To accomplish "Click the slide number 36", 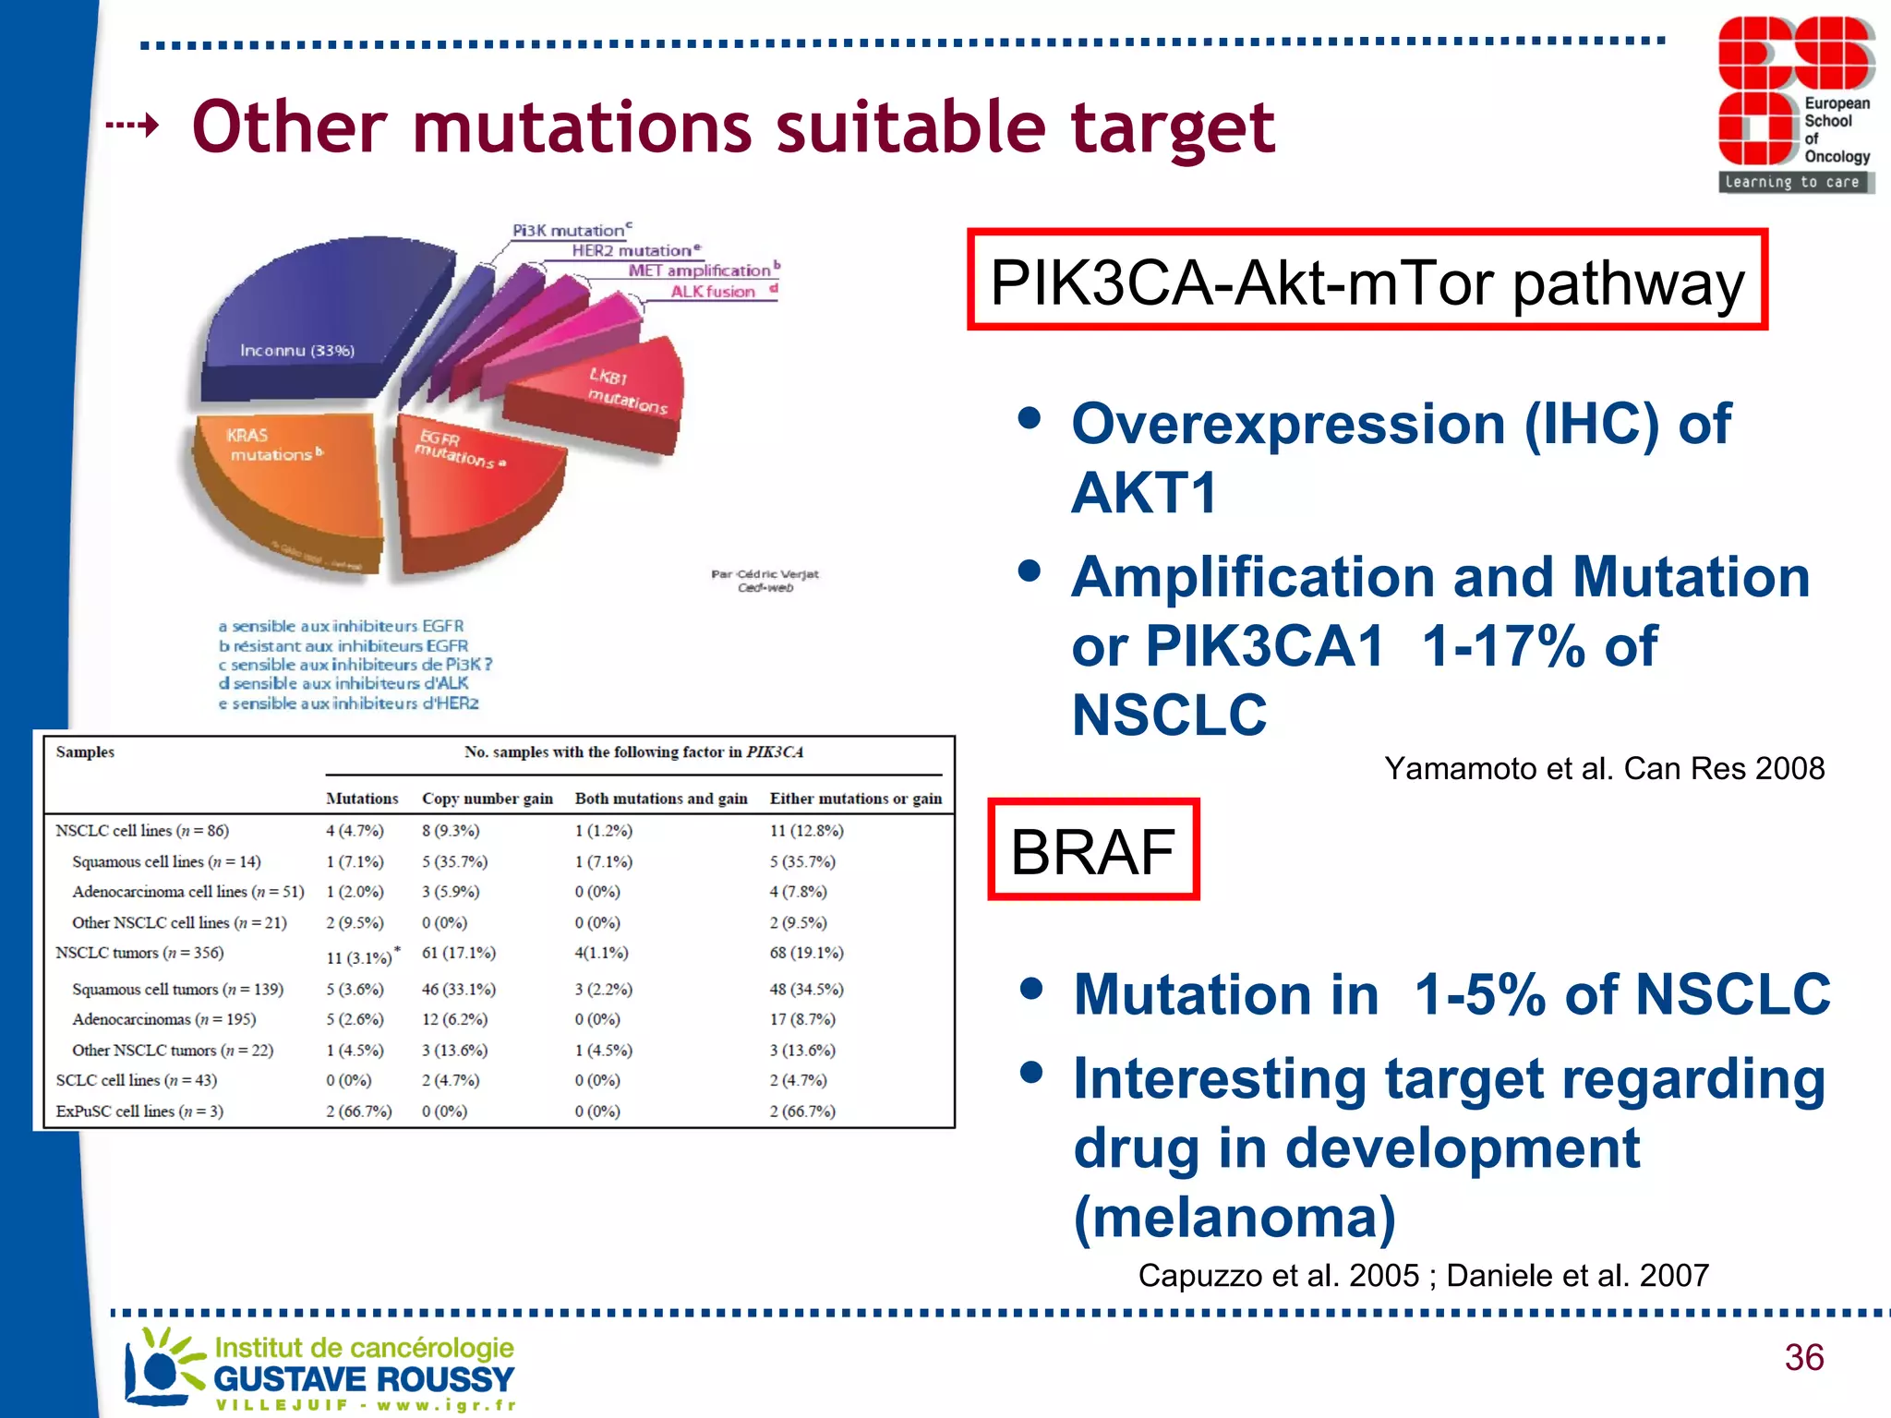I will tap(1803, 1357).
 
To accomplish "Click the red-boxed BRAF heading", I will tap(1093, 850).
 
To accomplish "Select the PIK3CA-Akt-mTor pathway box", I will tap(1367, 282).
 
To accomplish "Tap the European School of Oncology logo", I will tap(1794, 104).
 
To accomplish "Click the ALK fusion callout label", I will tap(713, 292).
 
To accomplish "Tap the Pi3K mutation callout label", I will tap(569, 231).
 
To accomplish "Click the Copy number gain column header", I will tap(487, 799).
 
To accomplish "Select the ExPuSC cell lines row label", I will tap(139, 1112).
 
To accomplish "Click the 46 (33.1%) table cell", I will tap(458, 989).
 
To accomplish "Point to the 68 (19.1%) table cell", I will tap(806, 953).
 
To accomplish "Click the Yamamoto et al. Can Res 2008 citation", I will tap(1604, 768).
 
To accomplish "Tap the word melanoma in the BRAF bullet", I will tap(1235, 1217).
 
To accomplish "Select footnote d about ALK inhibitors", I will tap(343, 683).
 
